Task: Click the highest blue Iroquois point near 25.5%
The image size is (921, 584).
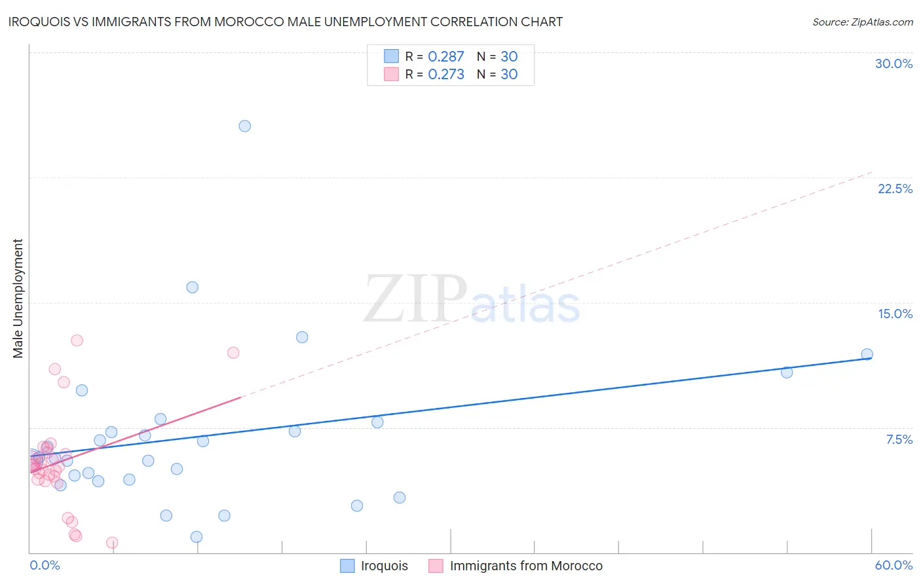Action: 244,126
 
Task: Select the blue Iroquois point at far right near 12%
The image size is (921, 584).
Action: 867,354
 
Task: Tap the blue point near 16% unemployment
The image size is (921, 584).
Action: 192,287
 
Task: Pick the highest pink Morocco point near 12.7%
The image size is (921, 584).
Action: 77,340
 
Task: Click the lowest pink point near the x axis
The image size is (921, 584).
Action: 112,543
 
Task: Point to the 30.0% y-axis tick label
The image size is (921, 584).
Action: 893,64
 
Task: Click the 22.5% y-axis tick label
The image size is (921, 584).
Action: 895,189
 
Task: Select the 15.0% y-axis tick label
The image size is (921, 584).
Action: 895,314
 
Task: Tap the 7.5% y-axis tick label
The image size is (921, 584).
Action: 899,439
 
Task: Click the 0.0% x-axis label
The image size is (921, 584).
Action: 45,565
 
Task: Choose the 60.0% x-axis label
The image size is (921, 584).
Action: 893,565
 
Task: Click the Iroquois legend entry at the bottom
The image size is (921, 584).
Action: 384,566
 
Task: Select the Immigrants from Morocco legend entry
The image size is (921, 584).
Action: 525,566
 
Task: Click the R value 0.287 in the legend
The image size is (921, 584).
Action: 445,56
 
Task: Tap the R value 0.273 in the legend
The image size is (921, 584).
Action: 445,74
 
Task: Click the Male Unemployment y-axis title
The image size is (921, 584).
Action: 18,298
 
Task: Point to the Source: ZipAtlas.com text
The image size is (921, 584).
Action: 862,22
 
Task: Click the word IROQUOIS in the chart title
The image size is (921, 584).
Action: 38,22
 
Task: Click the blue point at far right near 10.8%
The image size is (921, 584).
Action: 787,372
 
